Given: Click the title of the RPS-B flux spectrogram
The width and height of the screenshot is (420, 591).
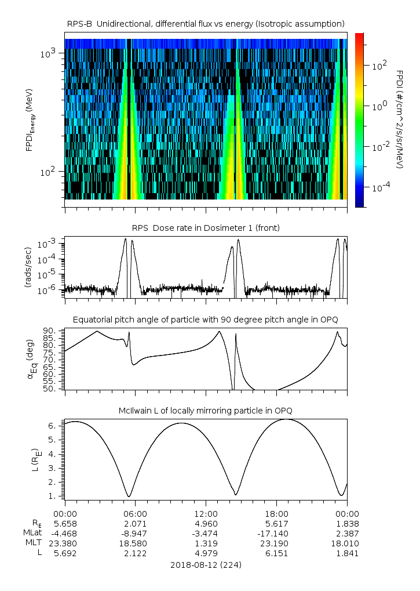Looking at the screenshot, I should coord(206,23).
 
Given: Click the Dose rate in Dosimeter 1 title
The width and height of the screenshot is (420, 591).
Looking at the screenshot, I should coord(206,228).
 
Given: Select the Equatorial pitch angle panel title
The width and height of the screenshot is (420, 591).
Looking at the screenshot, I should coord(206,320).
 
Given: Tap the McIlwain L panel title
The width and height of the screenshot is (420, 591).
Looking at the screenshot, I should coord(206,411).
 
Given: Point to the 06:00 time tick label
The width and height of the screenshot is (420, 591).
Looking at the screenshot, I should coord(135,513).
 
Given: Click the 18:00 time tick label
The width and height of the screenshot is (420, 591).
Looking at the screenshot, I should coord(276,513).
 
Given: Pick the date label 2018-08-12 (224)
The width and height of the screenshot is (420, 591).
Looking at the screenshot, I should coord(206,564).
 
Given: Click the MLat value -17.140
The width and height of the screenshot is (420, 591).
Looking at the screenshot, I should coord(276,533).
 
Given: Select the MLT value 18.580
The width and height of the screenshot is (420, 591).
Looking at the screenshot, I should coord(135,543).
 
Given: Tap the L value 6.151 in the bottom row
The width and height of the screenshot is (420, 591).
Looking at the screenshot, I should coord(276,553).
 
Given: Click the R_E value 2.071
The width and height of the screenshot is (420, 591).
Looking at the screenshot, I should coord(135,523).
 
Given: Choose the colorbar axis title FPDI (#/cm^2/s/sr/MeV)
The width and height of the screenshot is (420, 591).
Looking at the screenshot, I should coord(399,119).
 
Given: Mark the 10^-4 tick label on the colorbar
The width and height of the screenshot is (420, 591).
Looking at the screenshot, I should coord(379,188).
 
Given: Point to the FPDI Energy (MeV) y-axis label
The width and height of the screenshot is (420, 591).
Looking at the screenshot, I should coord(29,119).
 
